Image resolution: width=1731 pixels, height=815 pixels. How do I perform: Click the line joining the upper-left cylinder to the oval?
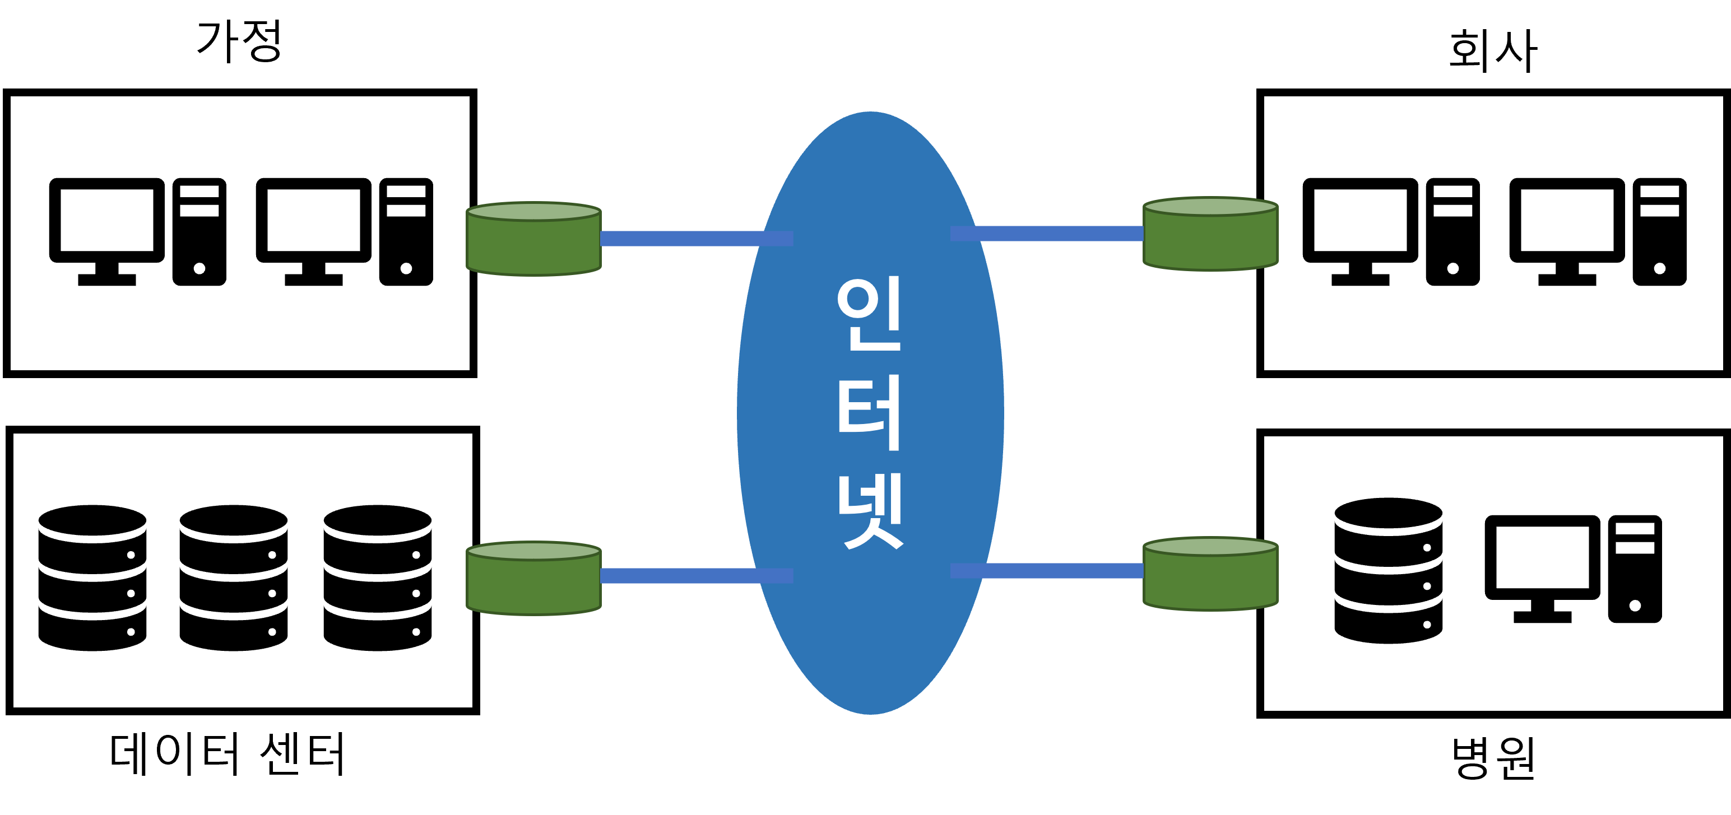pyautogui.click(x=679, y=239)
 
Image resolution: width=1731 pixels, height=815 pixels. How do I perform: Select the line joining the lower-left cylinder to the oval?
pyautogui.click(x=679, y=576)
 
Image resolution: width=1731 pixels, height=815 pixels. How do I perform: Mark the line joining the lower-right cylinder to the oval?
pyautogui.click(x=1062, y=570)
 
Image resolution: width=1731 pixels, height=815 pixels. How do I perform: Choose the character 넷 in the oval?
pyautogui.click(x=870, y=511)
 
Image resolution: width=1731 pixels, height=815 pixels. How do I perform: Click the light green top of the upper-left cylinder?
pyautogui.click(x=533, y=212)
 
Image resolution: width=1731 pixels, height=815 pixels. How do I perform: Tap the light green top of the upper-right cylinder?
pyautogui.click(x=1210, y=206)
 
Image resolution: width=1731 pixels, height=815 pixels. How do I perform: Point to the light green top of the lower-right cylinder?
pyautogui.click(x=1210, y=546)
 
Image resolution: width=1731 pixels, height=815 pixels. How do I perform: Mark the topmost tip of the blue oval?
pyautogui.click(x=870, y=113)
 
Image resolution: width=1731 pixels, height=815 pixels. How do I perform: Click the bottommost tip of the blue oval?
pyautogui.click(x=870, y=713)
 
